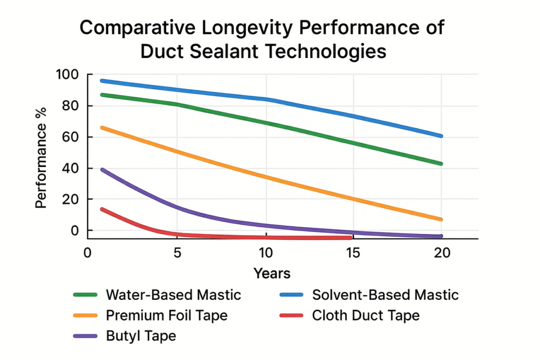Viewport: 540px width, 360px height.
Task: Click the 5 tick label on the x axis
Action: [178, 252]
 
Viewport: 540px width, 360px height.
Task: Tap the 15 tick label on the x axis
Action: [353, 252]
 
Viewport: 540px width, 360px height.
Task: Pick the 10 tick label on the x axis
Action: [266, 252]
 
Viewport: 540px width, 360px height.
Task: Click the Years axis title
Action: [272, 274]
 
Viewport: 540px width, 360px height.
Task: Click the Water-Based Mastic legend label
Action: [173, 295]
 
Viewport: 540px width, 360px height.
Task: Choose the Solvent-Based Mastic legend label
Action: [385, 295]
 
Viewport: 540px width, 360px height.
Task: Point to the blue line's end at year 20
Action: [440, 136]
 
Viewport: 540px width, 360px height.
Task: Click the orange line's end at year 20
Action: [440, 219]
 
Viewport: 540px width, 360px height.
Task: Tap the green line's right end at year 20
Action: [440, 163]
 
